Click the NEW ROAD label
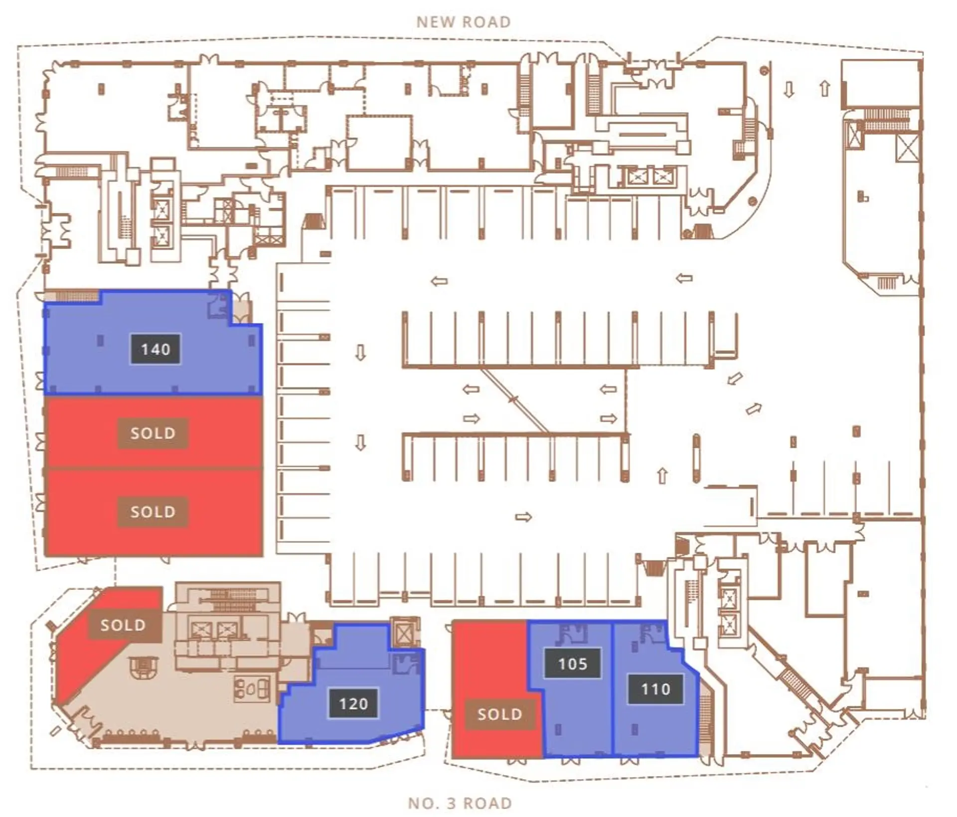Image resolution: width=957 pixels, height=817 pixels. coord(464,22)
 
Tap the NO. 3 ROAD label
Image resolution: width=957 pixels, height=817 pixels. coord(460,803)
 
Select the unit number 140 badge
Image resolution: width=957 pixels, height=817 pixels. coord(156,349)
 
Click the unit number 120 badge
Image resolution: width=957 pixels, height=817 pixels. coord(353,703)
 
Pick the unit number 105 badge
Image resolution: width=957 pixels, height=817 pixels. coord(573,663)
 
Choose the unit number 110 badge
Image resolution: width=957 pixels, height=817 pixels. coord(655,689)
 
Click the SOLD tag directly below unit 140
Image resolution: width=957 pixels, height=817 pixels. coord(153,433)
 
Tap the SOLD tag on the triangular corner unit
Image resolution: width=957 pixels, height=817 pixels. coord(123,625)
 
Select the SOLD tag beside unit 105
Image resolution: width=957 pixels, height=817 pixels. coord(500,714)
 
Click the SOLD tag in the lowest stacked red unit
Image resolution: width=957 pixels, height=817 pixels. coord(153,512)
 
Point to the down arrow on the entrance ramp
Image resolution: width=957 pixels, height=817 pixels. coord(789,89)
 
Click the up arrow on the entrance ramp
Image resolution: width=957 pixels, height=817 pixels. coord(825,89)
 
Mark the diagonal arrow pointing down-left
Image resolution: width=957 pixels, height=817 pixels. coord(734,379)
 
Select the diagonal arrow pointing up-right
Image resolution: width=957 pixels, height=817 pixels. coord(754,408)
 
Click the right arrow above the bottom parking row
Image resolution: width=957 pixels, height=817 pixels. coord(523,517)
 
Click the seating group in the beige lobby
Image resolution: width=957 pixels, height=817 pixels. coord(252,689)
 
